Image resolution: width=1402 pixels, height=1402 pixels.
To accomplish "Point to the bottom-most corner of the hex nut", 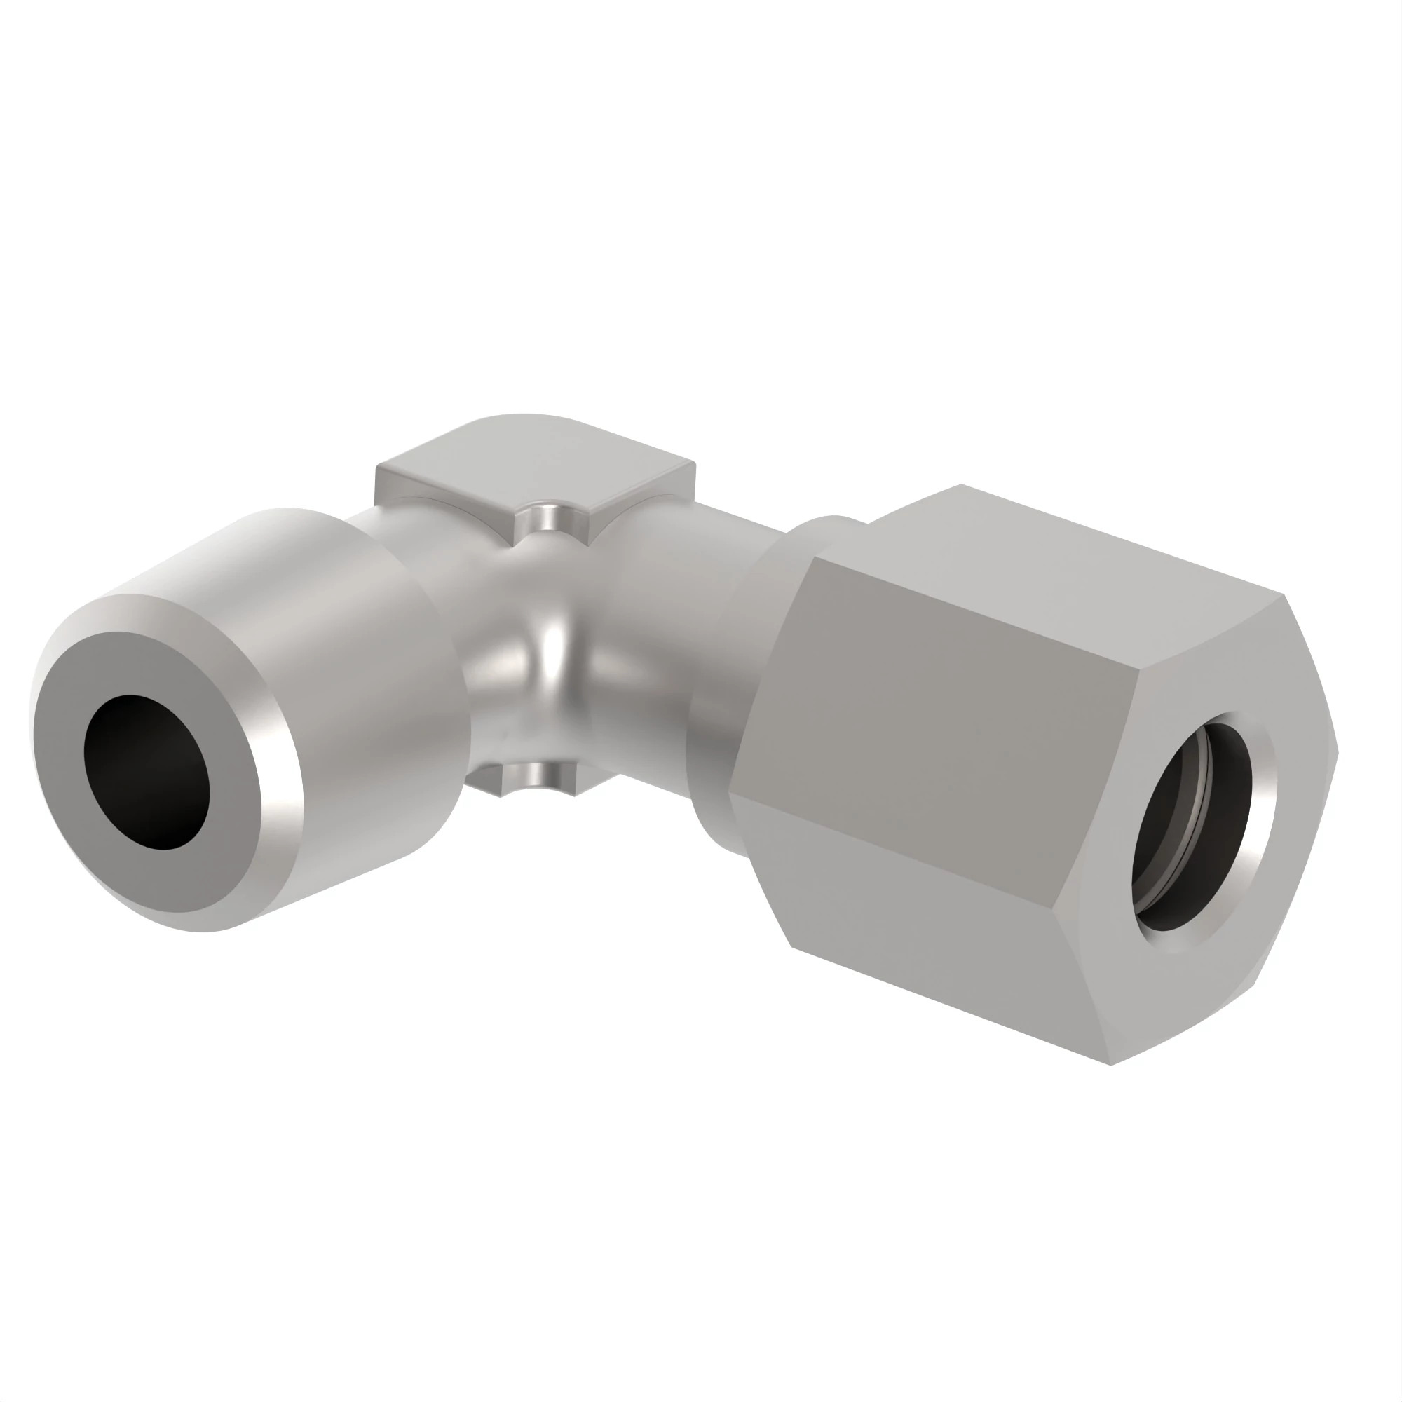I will tap(1111, 1064).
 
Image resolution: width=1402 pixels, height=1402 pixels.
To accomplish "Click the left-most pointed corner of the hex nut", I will tap(729, 795).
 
